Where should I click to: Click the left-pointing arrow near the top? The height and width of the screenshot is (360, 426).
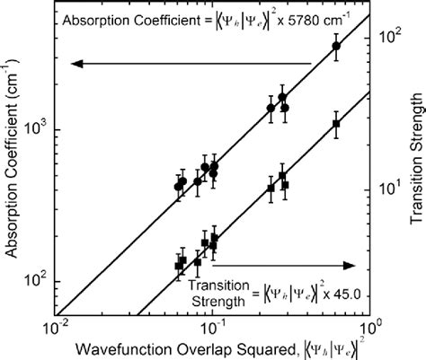click(189, 63)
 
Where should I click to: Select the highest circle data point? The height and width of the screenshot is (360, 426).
click(336, 47)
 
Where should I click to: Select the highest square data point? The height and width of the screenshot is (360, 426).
click(336, 124)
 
